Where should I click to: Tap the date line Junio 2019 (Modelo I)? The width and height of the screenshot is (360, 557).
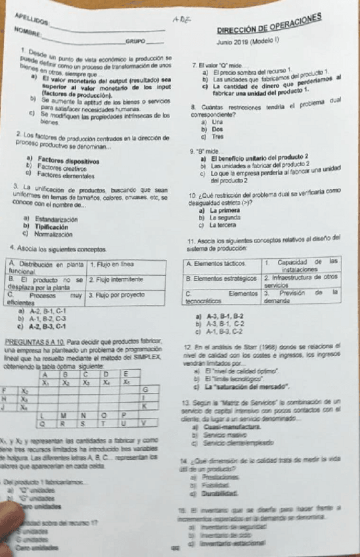point(253,42)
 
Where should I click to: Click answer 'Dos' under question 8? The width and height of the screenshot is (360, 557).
point(217,129)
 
